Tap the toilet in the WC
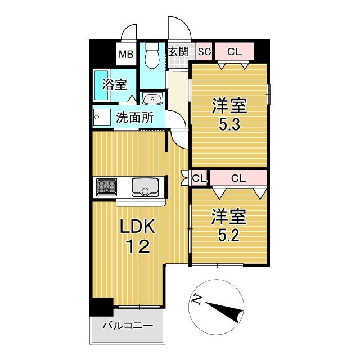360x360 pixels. coord(150,56)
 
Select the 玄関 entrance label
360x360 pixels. coord(179,52)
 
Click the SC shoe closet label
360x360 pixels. coord(204,52)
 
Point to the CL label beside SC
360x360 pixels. coord(234,52)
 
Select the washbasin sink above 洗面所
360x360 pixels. coord(152,100)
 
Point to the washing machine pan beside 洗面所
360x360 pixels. coord(101,118)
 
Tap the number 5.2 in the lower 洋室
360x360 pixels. coord(229,233)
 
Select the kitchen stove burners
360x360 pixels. coord(106,186)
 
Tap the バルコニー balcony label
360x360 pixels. coord(127,326)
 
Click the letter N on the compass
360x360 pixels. coord(196,299)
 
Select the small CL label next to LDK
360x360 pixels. coord(199,178)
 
